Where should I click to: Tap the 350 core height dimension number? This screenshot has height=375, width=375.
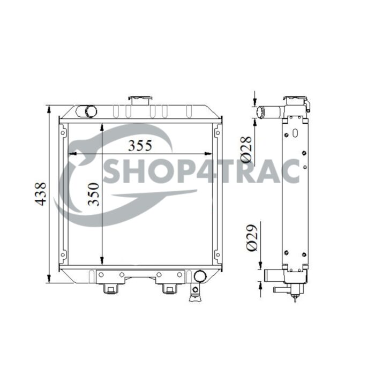(x=92, y=195)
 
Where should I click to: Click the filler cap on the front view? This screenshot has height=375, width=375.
(x=140, y=100)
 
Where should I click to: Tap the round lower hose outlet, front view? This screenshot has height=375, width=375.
(x=199, y=276)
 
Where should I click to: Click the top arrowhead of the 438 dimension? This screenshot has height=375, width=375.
(x=49, y=110)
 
